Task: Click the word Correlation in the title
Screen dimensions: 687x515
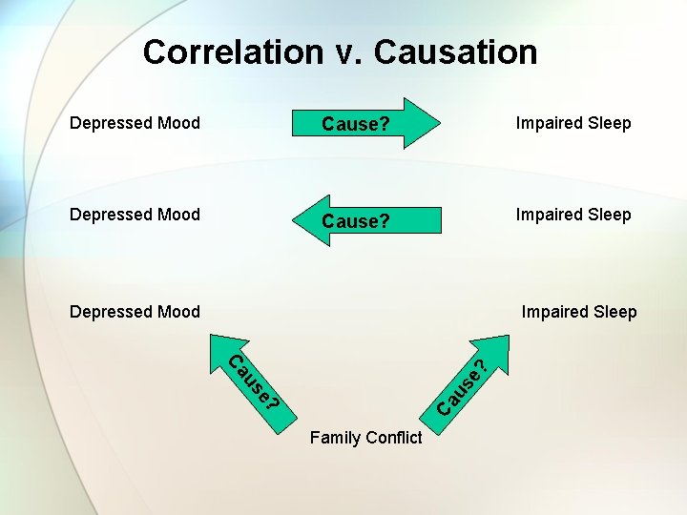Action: (x=233, y=51)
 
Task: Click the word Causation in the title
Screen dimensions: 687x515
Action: (x=455, y=51)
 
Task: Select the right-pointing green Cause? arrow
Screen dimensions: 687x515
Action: (x=367, y=124)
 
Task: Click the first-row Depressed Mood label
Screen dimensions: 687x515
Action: (x=135, y=122)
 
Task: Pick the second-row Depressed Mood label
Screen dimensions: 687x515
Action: (x=135, y=214)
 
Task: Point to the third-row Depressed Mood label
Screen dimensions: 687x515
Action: (x=135, y=311)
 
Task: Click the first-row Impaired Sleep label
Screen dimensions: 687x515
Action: (x=573, y=122)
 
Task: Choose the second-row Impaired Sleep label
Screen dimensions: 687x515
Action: (x=573, y=214)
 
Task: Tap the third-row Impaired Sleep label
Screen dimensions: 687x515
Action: (x=579, y=311)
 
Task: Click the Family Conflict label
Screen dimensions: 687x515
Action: (x=365, y=438)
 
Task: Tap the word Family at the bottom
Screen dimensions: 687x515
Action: (x=334, y=438)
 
